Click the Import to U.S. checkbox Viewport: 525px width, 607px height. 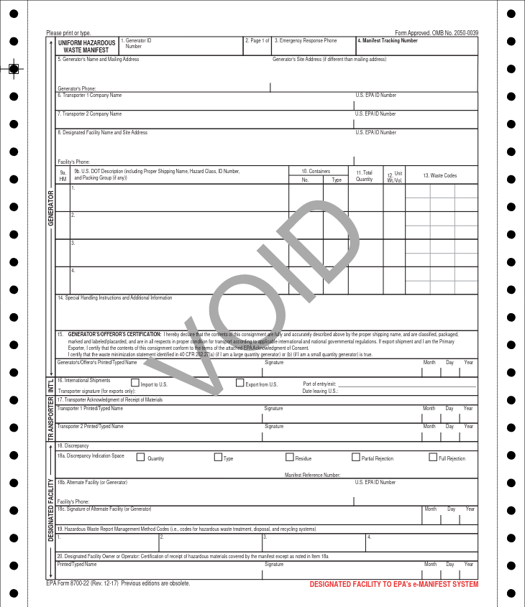(135, 383)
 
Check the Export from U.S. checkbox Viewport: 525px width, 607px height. (240, 383)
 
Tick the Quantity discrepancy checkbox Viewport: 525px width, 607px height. (141, 457)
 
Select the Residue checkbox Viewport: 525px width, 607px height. (290, 457)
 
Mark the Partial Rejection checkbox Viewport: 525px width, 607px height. (356, 457)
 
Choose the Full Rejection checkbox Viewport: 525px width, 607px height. (433, 457)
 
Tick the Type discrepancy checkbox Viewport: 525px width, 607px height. (218, 457)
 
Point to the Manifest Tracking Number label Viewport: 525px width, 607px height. (388, 41)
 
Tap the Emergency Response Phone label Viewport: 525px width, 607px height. (306, 41)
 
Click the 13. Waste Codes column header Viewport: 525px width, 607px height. (439, 175)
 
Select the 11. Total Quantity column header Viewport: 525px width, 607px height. (365, 176)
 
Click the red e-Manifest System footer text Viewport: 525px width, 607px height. (393, 585)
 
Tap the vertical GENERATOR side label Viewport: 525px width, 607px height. (51, 208)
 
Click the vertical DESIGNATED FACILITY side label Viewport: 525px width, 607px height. (51, 510)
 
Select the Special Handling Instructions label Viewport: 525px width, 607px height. (115, 297)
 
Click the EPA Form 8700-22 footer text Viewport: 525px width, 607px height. (117, 583)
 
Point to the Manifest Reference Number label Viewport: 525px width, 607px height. (312, 475)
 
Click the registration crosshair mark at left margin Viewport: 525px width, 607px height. (14, 69)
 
